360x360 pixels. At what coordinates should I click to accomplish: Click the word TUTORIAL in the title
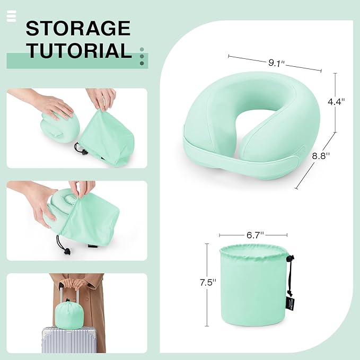click(79, 51)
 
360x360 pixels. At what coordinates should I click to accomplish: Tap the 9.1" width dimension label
click(276, 63)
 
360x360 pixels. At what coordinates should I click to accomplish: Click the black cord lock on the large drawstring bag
click(289, 259)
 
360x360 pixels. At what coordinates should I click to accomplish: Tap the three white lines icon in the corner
click(12, 16)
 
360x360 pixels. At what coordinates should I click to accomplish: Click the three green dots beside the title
click(142, 56)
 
